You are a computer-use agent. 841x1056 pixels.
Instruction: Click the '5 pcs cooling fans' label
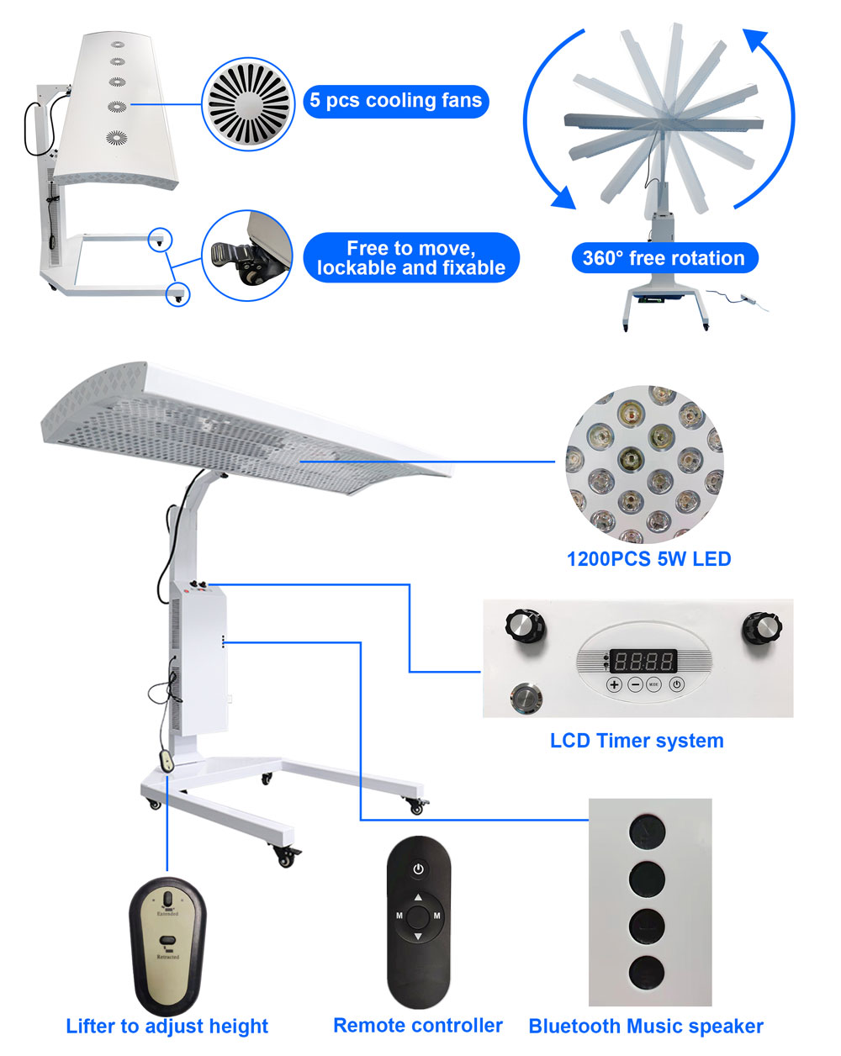point(395,101)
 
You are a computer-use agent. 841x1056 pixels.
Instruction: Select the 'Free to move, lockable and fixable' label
point(411,258)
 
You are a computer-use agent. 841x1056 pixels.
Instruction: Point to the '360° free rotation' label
point(664,258)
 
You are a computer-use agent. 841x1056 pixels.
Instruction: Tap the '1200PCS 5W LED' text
point(648,559)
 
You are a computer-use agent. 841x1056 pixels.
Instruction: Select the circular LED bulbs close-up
point(644,465)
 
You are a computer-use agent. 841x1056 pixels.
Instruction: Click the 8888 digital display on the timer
point(643,661)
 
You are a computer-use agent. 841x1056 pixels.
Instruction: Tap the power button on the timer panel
point(676,684)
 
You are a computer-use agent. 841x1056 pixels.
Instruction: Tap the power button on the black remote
point(418,869)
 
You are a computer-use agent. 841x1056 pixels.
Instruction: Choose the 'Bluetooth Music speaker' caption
point(646,1027)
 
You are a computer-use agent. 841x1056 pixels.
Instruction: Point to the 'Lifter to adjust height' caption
point(167,1027)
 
